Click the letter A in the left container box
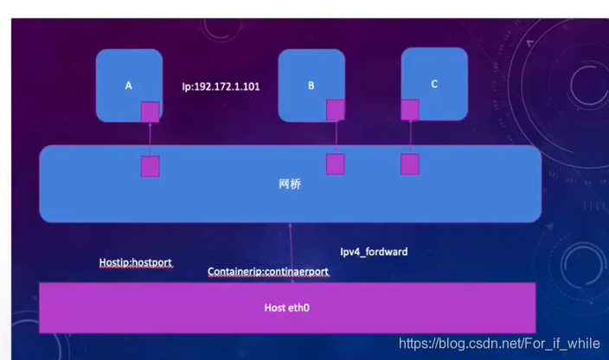128,86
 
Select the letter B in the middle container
311,86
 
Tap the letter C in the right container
434,84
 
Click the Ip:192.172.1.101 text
221,87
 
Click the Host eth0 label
287,307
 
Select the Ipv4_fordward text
374,252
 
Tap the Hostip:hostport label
136,262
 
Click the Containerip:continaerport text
268,272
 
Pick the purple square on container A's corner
151,112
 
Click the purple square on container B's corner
335,110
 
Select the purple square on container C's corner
410,110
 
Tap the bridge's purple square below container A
151,166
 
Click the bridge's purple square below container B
335,164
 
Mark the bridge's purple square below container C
410,164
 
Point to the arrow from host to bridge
291,251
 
